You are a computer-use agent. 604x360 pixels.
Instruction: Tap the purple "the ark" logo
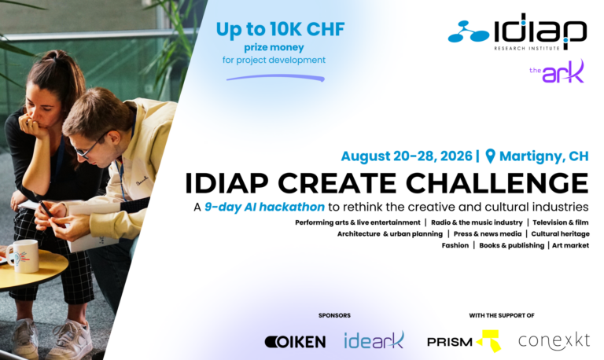(557, 72)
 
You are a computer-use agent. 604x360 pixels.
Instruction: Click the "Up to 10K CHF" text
(280, 29)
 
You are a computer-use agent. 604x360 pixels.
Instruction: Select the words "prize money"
(274, 48)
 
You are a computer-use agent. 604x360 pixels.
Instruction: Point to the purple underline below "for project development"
(275, 78)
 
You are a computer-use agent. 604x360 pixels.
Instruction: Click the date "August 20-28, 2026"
(407, 156)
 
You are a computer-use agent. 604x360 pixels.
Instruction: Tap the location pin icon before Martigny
(490, 156)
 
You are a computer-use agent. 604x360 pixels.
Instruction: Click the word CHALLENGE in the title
(497, 183)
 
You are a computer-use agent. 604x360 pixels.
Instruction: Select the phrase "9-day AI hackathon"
(264, 208)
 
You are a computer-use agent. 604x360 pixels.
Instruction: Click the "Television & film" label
(561, 222)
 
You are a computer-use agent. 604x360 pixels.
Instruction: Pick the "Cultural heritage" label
(560, 233)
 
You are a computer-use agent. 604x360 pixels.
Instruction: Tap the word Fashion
(455, 245)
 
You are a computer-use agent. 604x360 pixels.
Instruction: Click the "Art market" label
(570, 245)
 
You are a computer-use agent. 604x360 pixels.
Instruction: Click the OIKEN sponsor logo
(295, 342)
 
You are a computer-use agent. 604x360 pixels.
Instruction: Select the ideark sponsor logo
(374, 340)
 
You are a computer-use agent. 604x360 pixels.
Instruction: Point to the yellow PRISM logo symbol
(489, 340)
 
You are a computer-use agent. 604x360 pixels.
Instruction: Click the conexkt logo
(554, 341)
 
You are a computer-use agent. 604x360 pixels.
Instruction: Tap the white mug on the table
(24, 256)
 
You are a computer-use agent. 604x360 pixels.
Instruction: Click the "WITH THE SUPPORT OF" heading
(502, 315)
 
